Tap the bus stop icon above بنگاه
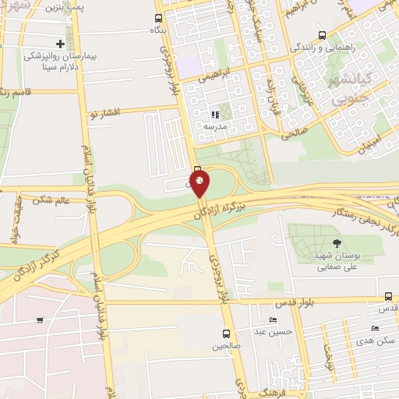coord(159,18)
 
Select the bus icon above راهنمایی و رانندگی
coord(323,35)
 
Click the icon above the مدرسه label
coord(215,115)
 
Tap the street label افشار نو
coord(103,115)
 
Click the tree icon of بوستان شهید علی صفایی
coord(337,243)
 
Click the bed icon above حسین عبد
coord(272,320)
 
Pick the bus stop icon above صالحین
coord(224,334)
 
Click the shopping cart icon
coord(39,320)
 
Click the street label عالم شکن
coord(53,200)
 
